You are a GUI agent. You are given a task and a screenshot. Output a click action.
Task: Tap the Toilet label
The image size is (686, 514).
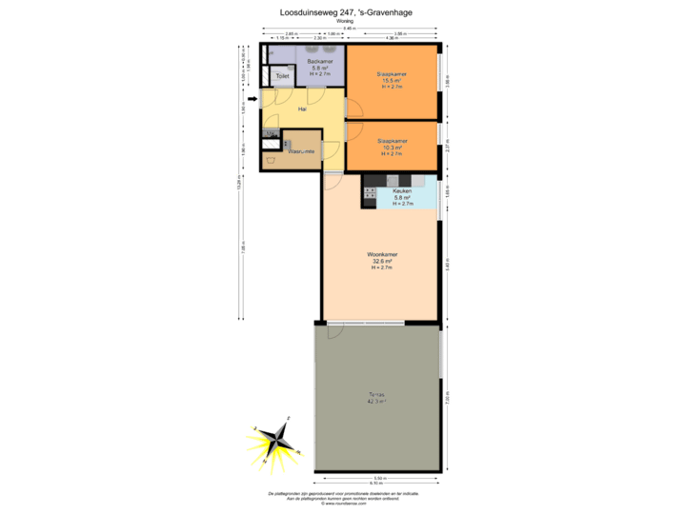282,76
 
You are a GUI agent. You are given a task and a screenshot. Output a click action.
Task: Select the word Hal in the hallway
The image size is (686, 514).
302,109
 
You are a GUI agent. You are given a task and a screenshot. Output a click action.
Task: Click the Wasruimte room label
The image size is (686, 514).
301,151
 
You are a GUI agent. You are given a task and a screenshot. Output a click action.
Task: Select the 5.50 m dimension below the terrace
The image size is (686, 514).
377,477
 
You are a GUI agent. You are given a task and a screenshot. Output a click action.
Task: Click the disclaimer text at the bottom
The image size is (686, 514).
345,496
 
